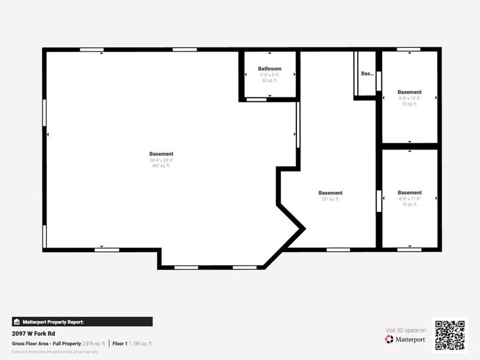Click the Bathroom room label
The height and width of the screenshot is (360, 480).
click(269, 69)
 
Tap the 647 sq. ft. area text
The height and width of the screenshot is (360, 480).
click(161, 166)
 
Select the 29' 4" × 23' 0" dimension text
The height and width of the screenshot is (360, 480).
click(161, 160)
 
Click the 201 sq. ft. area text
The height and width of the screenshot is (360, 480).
click(331, 199)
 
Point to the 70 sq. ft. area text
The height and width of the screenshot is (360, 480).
click(409, 104)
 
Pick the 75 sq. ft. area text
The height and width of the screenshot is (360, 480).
click(409, 204)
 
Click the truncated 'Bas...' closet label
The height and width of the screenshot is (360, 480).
click(367, 74)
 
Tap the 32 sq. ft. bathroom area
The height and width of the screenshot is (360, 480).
click(269, 80)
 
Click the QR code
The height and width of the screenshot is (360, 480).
click(451, 334)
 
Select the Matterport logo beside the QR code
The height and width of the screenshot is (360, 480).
click(406, 339)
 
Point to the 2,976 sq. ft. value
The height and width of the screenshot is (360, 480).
click(94, 343)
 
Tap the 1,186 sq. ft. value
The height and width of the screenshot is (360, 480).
click(141, 343)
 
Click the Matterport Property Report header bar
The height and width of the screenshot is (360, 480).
click(82, 322)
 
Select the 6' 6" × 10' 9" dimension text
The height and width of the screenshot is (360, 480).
click(409, 98)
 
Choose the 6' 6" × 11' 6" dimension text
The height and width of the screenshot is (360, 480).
click(409, 199)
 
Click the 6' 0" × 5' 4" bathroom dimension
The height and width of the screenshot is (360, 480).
click(269, 75)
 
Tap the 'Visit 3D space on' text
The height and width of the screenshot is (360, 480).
click(405, 330)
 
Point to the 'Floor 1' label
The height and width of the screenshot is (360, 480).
click(120, 343)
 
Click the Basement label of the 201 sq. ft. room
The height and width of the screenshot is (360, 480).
click(331, 193)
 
